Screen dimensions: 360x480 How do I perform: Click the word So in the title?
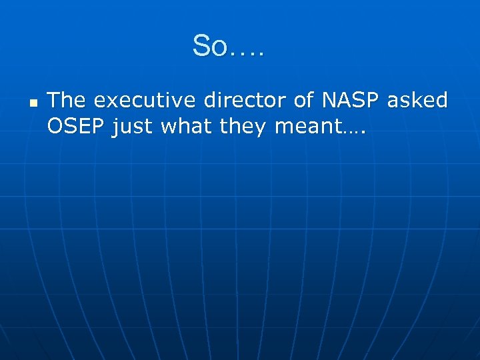[x=210, y=47]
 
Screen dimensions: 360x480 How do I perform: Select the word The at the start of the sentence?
[x=67, y=101]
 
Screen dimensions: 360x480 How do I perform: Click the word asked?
[x=418, y=101]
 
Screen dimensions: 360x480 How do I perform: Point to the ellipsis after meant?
[x=354, y=131]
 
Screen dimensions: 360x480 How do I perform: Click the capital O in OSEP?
[x=55, y=126]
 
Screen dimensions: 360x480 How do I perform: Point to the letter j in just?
[x=115, y=127]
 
